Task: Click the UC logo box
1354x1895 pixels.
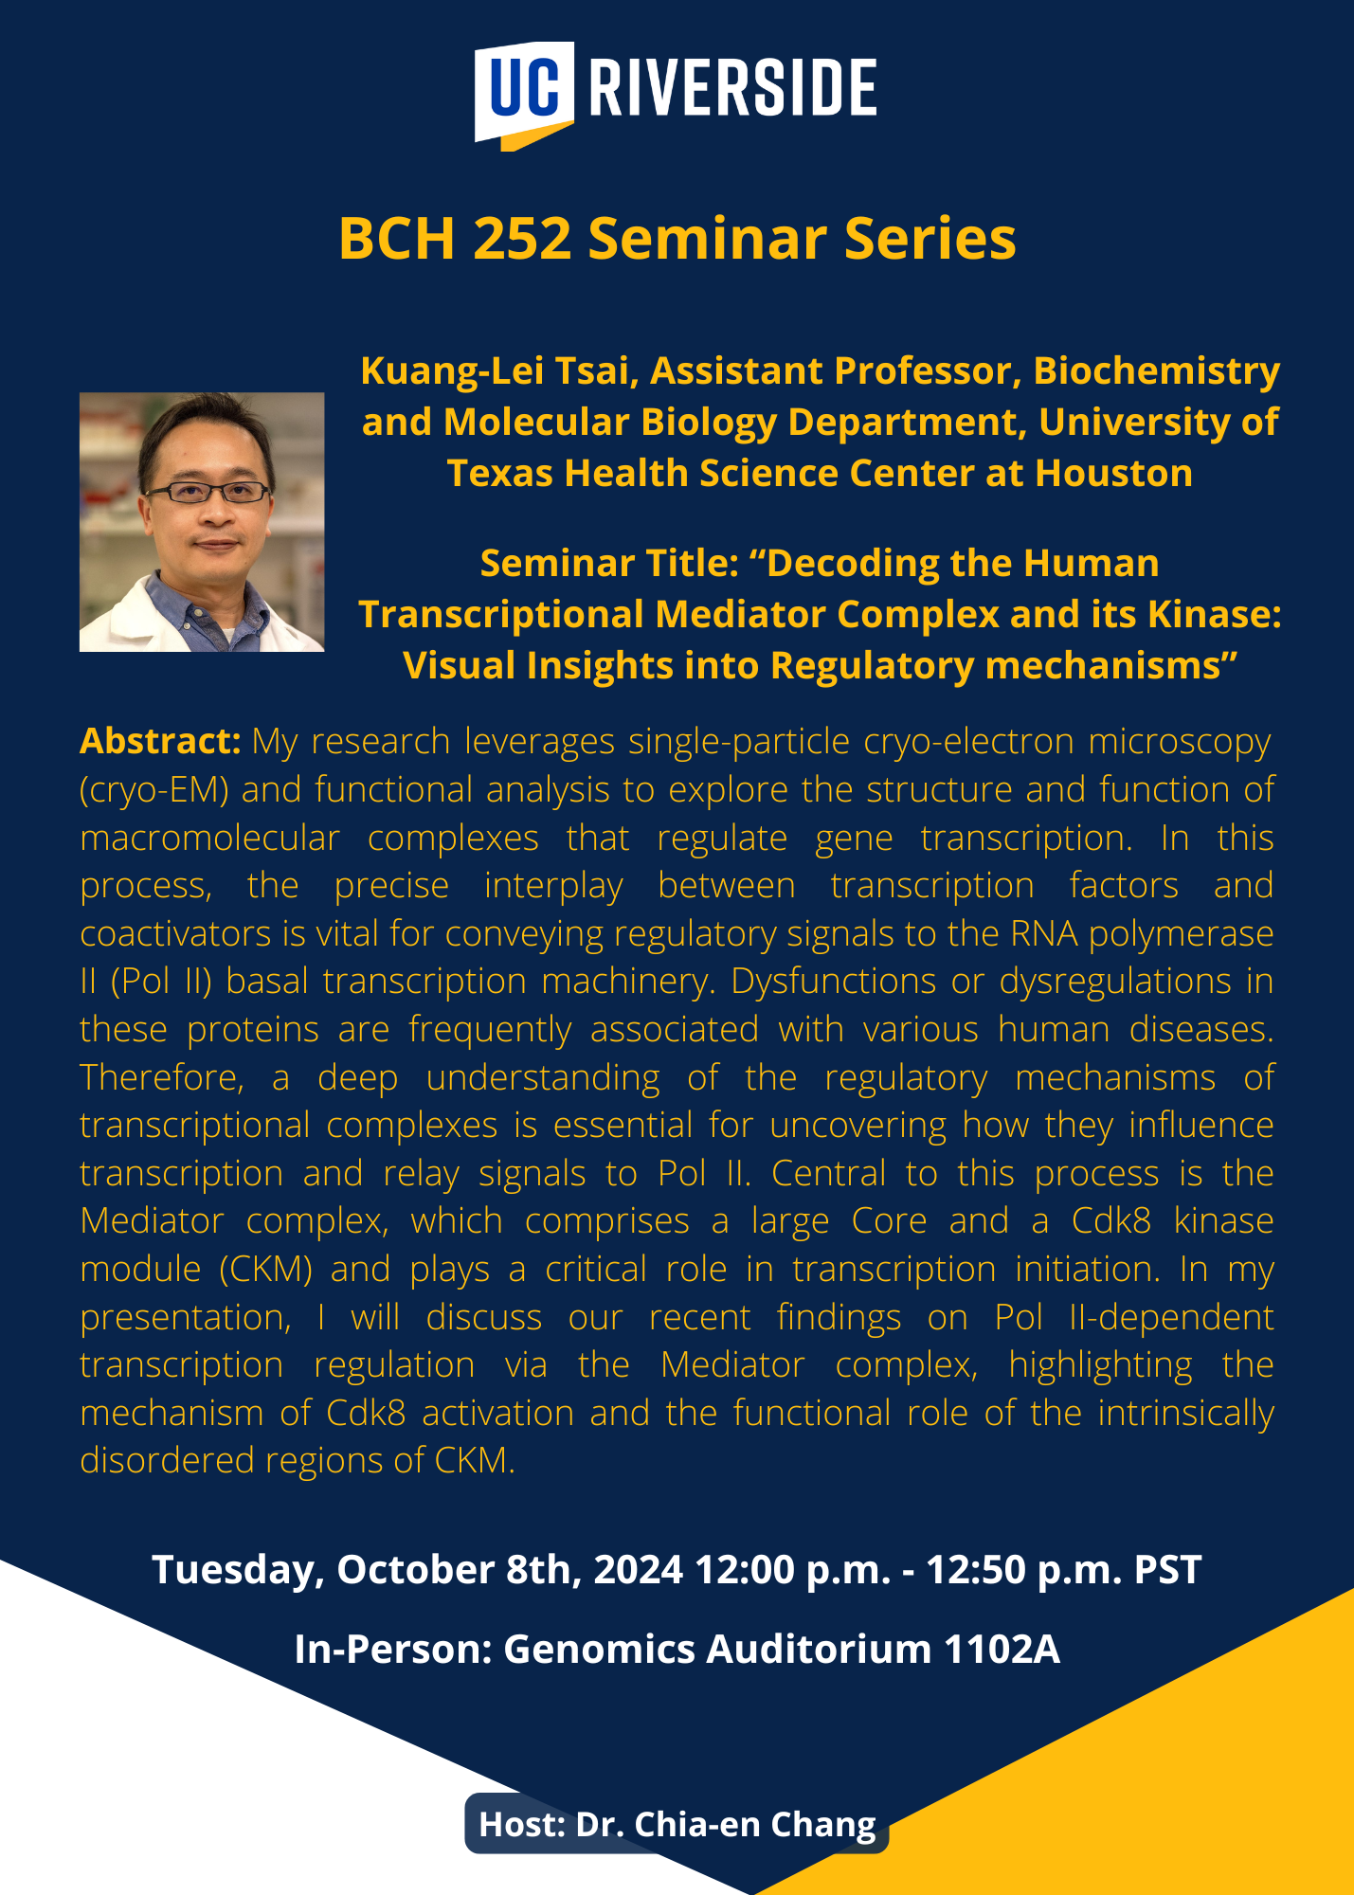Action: tap(524, 93)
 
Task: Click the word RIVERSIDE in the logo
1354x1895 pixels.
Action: tap(732, 87)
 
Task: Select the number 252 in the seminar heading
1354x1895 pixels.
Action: tap(522, 238)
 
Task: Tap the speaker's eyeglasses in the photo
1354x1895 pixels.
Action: tap(208, 492)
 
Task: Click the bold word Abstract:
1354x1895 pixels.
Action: tap(160, 741)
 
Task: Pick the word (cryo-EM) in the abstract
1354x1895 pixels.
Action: tap(154, 790)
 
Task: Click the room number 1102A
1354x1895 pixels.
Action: tap(1002, 1650)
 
